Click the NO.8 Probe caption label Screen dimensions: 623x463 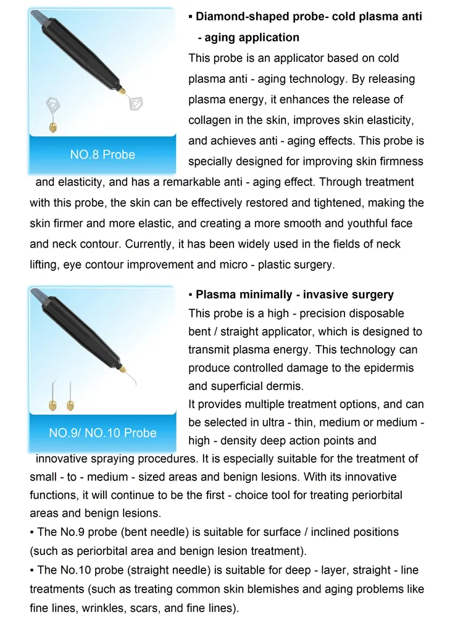coord(102,154)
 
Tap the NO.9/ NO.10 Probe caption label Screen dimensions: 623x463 coord(102,433)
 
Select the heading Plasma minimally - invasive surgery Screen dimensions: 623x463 coord(294,295)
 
